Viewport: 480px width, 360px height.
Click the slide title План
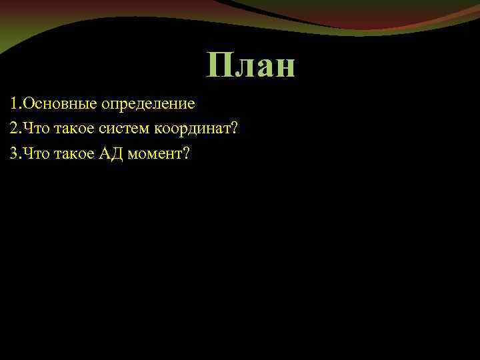point(251,66)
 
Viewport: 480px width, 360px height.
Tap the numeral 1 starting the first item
point(14,104)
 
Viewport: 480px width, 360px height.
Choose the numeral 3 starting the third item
point(14,153)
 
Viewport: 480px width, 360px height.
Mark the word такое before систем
point(73,128)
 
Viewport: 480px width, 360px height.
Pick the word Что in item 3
point(35,153)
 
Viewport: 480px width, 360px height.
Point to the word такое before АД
point(73,154)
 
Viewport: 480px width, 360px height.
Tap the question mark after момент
point(186,153)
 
